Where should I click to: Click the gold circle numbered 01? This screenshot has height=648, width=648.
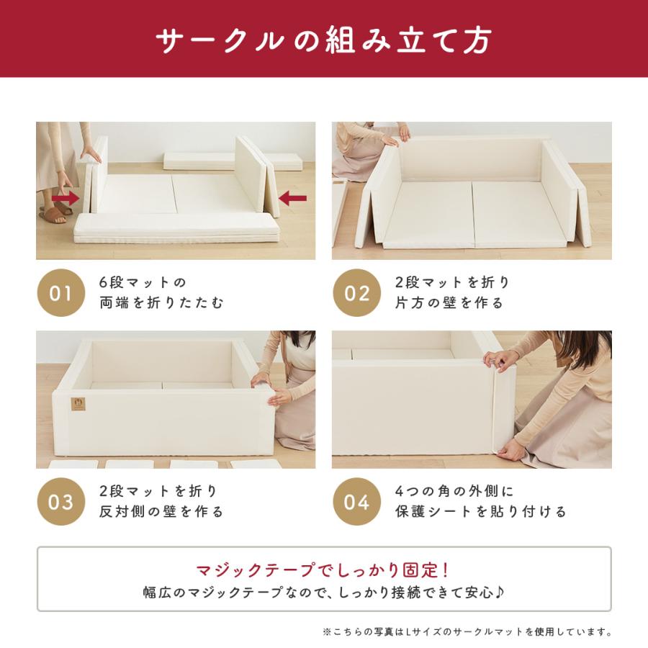[60, 293]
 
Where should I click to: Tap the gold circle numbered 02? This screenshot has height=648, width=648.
[356, 293]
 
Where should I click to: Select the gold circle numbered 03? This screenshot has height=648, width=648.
[60, 502]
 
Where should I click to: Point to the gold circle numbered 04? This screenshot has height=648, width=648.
[356, 502]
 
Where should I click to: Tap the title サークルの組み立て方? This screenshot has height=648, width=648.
[324, 40]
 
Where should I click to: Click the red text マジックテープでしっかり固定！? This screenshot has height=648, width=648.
[324, 570]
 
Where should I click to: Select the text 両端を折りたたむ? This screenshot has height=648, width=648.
[161, 303]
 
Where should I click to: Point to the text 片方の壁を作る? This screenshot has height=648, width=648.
[449, 303]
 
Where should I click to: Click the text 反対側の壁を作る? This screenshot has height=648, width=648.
[161, 512]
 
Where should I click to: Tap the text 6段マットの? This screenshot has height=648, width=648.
[143, 282]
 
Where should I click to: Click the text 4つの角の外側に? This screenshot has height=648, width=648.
[454, 492]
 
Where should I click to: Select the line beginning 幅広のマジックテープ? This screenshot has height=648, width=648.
[324, 594]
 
